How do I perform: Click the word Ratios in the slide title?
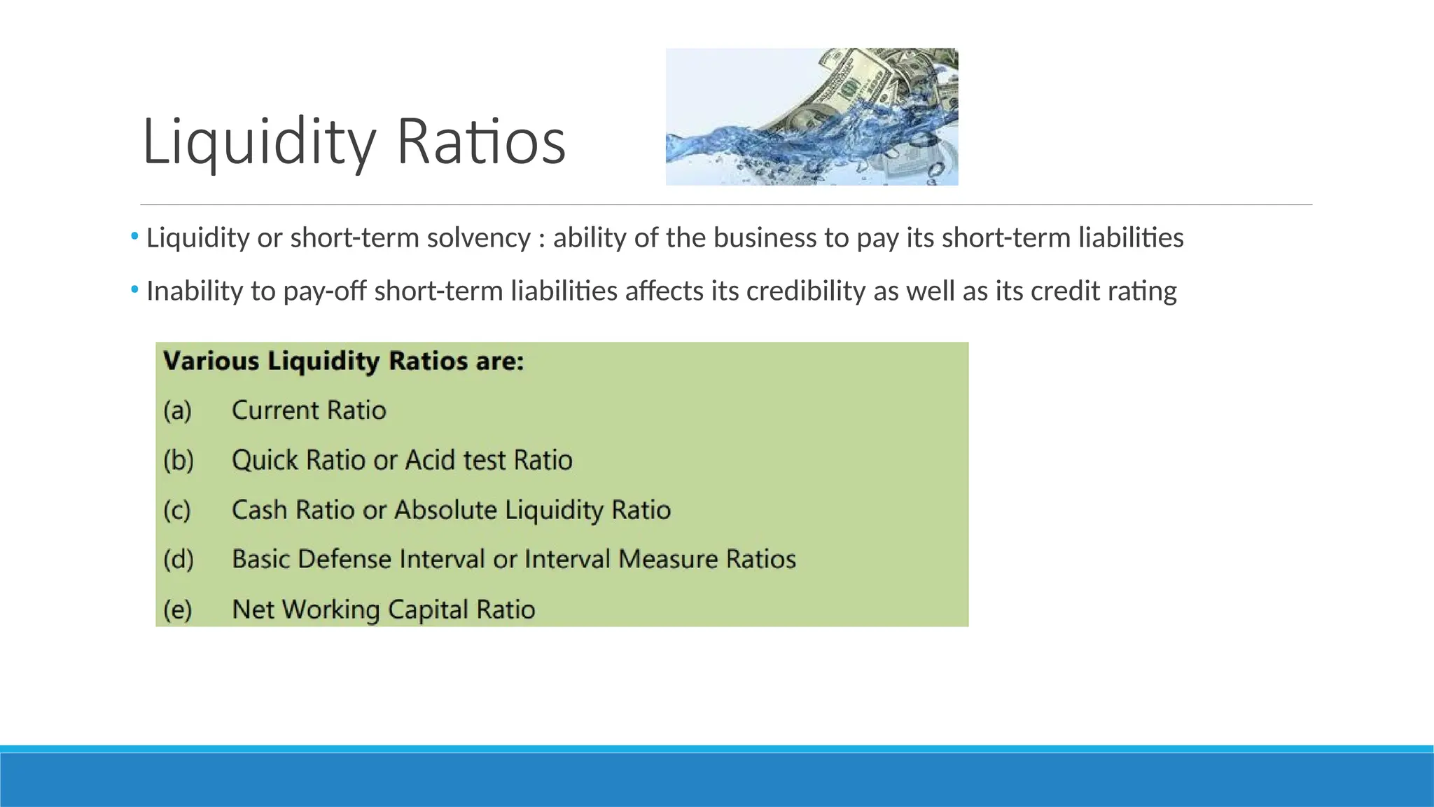(x=481, y=142)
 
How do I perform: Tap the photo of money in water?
(x=812, y=117)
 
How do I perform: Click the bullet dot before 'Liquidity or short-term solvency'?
(x=134, y=237)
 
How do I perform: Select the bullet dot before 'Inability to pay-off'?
(x=134, y=289)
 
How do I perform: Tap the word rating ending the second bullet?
(x=1142, y=291)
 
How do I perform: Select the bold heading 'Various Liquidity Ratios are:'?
(x=343, y=361)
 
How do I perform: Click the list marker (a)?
(x=177, y=411)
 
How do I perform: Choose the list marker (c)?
(x=177, y=510)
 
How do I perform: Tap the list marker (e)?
(x=177, y=609)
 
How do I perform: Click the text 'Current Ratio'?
(x=309, y=411)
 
